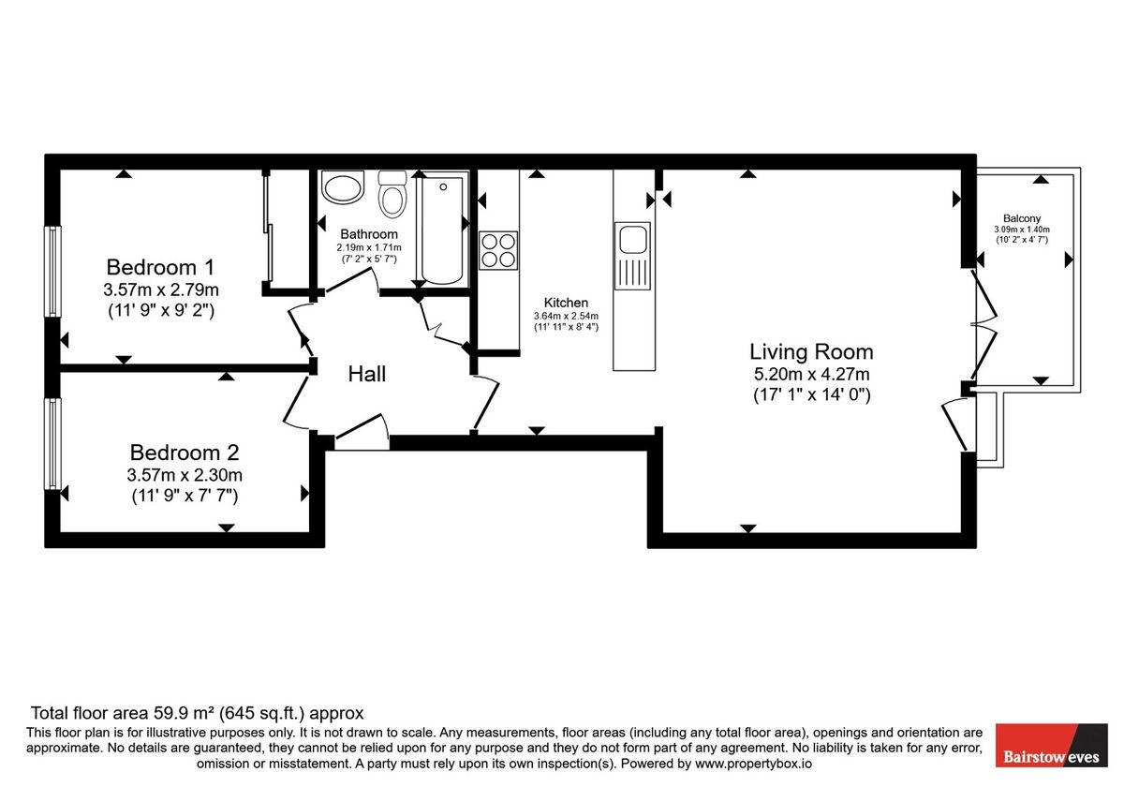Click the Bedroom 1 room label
[151, 266]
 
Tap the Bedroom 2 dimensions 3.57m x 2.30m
[185, 475]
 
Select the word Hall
[367, 374]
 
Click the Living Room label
[811, 352]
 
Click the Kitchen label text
[566, 303]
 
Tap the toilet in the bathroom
[392, 196]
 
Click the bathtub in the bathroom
[442, 230]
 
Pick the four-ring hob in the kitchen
[498, 250]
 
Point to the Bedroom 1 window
[53, 272]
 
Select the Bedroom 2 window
[53, 443]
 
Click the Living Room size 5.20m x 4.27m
[812, 374]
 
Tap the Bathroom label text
[369, 234]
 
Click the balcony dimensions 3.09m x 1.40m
[1021, 230]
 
